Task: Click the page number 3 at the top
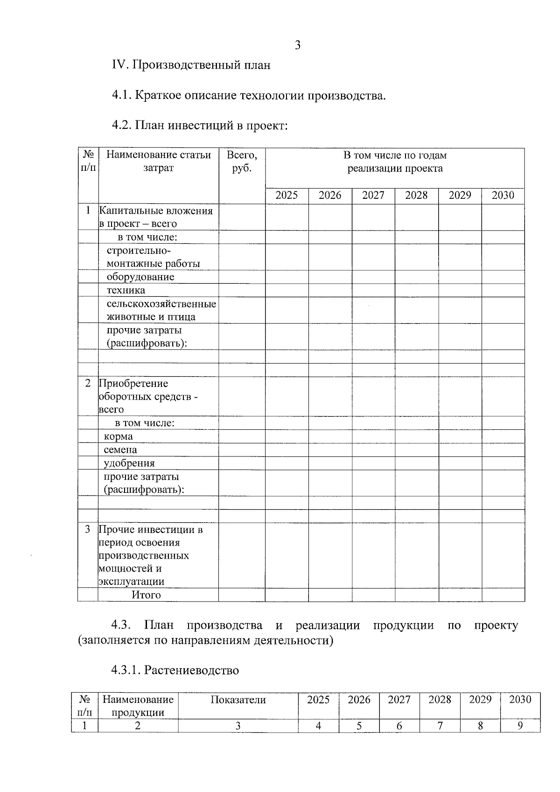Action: click(x=297, y=45)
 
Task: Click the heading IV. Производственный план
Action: click(x=191, y=65)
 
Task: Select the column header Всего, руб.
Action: click(x=242, y=161)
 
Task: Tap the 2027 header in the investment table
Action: click(x=373, y=196)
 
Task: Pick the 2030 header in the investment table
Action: click(x=503, y=196)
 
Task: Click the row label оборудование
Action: click(x=140, y=277)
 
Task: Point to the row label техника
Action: click(x=126, y=290)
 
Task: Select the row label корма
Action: click(x=118, y=436)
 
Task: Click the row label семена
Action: click(x=120, y=450)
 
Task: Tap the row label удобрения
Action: click(x=129, y=463)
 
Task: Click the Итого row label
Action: click(x=146, y=595)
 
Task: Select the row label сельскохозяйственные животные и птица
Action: click(x=161, y=310)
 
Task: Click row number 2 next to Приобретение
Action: click(x=88, y=384)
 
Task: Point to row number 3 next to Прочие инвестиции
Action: click(x=88, y=530)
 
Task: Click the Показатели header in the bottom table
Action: click(x=238, y=700)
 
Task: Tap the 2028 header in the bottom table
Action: click(x=440, y=700)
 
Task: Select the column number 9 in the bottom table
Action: click(x=520, y=726)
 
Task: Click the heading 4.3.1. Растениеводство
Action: click(x=175, y=670)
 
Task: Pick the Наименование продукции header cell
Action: click(x=138, y=706)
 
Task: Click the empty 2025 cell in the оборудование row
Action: click(x=287, y=277)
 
